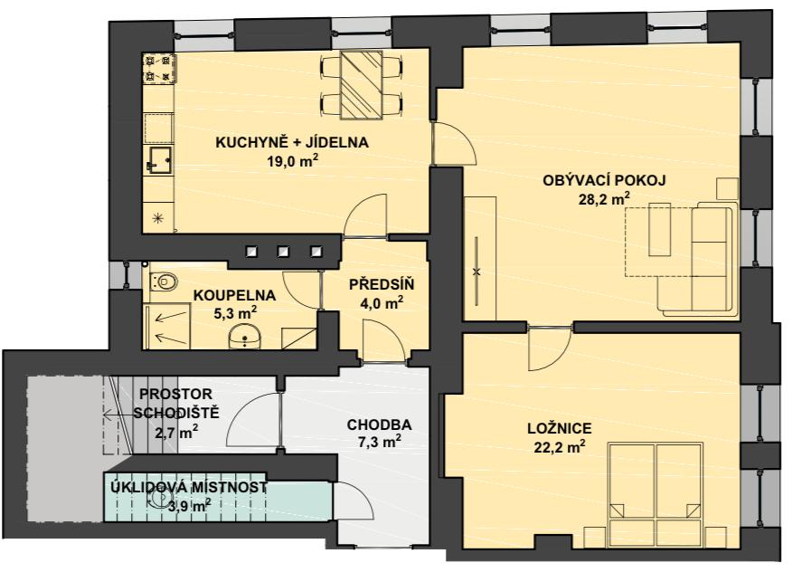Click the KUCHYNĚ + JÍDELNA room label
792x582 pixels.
point(292,143)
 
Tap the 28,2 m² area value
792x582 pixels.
point(604,198)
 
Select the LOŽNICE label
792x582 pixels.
point(559,429)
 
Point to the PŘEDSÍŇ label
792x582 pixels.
point(382,285)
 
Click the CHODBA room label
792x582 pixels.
point(380,425)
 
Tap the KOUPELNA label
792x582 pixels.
point(235,295)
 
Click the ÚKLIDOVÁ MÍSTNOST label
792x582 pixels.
point(189,488)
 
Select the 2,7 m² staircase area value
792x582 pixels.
point(176,432)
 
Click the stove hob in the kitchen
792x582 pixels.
point(159,68)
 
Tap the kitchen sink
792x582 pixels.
point(159,160)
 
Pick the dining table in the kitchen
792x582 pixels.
point(361,85)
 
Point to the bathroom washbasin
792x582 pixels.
point(245,337)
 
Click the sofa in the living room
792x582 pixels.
point(697,259)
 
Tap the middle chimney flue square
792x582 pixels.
point(283,251)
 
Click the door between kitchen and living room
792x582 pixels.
point(453,144)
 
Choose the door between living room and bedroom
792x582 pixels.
point(550,348)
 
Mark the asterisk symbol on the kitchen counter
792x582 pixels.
point(158,218)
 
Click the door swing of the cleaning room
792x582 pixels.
point(354,500)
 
